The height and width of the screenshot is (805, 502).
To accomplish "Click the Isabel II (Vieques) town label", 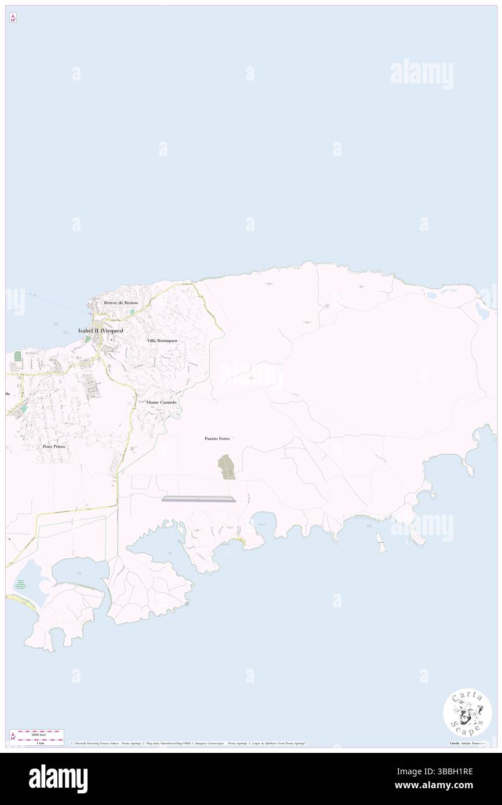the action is tap(100, 330).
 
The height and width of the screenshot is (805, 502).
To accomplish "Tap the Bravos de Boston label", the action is tap(121, 303).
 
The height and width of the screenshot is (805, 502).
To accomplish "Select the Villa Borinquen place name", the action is tap(162, 341).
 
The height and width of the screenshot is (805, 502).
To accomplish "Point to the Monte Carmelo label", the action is tap(161, 402).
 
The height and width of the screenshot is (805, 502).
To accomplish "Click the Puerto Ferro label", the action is tap(217, 438).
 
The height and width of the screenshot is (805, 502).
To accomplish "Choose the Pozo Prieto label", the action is tap(53, 447).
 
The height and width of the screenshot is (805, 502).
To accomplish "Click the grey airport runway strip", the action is tap(199, 499).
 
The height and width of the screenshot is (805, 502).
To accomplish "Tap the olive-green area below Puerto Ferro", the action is tap(227, 467).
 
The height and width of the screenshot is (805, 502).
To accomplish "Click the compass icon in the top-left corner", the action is tap(13, 18).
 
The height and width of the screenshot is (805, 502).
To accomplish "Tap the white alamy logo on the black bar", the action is tap(58, 779).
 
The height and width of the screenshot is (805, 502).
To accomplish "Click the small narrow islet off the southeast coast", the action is tap(381, 543).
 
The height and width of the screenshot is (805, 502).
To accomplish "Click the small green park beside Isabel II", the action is tap(88, 339).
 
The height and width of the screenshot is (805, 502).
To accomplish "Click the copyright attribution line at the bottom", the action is tap(188, 743).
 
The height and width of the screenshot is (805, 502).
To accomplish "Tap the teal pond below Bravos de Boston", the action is tap(132, 312).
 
